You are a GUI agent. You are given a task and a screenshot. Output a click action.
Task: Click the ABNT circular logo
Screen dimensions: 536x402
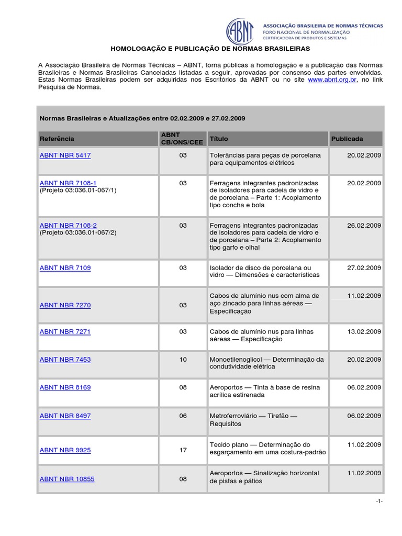click(242, 31)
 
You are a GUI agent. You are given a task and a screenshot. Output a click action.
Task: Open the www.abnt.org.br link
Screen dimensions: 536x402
click(332, 80)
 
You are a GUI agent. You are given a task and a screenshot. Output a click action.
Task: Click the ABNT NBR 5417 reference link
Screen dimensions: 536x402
click(65, 155)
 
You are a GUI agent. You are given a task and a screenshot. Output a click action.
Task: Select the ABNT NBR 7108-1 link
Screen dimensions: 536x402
click(68, 183)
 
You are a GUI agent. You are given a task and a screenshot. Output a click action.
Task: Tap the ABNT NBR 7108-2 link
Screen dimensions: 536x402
click(68, 225)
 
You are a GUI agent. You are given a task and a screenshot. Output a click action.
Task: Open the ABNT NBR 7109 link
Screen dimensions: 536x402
click(65, 267)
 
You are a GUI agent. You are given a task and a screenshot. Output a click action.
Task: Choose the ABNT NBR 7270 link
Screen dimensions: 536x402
click(65, 305)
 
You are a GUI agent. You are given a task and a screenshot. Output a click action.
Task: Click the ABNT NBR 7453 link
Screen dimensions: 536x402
click(65, 360)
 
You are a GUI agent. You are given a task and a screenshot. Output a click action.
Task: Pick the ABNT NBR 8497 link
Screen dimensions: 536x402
click(65, 416)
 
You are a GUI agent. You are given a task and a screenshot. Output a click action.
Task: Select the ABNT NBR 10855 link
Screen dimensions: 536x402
click(67, 479)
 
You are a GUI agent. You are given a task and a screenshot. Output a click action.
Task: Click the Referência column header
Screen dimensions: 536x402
click(57, 139)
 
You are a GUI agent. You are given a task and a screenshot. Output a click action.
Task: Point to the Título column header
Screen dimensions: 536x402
click(219, 139)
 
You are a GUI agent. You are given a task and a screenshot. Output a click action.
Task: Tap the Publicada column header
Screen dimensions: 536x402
click(347, 139)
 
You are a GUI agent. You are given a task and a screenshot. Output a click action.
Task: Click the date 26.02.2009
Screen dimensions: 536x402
click(364, 225)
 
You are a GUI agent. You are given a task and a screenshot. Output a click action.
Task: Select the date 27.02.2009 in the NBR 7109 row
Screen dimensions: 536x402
click(364, 267)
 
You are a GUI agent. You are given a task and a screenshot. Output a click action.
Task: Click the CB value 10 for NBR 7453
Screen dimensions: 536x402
click(183, 360)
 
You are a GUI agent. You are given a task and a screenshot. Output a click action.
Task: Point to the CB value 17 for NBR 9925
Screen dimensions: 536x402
click(183, 450)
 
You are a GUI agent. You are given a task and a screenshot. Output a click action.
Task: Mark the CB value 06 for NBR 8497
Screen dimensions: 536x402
click(183, 416)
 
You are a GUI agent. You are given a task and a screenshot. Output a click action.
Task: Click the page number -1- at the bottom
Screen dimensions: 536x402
click(379, 501)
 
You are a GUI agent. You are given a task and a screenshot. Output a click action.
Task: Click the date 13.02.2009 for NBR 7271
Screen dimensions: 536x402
click(364, 331)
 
